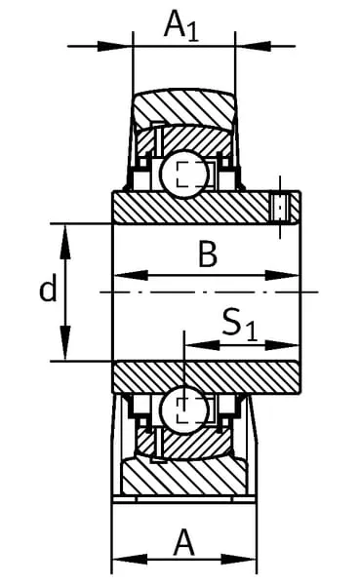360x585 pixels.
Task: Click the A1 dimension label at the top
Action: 181,25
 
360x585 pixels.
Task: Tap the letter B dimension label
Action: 208,254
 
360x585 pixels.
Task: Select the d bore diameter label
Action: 48,288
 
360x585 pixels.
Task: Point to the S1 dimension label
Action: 240,325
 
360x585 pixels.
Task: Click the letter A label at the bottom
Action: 183,542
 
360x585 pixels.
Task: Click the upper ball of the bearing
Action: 183,175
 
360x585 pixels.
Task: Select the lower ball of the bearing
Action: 184,409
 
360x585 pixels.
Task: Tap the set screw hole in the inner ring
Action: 280,208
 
